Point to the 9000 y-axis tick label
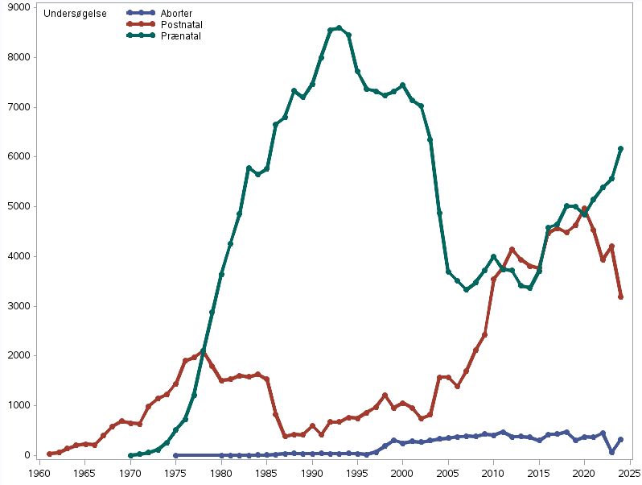(x=19, y=7)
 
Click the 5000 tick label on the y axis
(x=19, y=206)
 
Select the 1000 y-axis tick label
(x=19, y=405)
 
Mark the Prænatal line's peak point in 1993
(x=340, y=28)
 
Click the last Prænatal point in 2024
(x=620, y=148)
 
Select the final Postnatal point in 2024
(x=620, y=297)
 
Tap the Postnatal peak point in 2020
(x=584, y=209)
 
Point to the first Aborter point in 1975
(x=175, y=455)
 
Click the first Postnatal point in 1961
(x=49, y=454)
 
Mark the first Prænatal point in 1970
(x=130, y=455)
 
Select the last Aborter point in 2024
(x=620, y=440)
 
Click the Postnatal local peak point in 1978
(x=203, y=351)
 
